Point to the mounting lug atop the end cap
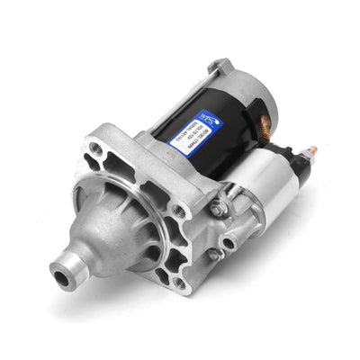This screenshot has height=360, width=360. point(220,66)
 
